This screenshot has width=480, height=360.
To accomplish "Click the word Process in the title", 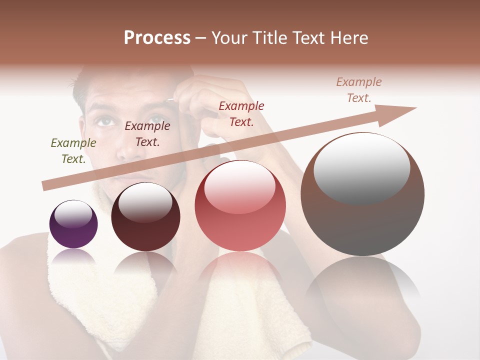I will [157, 38].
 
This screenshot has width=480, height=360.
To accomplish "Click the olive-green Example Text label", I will [73, 151].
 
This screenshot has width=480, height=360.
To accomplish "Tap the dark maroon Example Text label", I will [147, 134].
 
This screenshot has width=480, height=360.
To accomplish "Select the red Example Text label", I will [241, 113].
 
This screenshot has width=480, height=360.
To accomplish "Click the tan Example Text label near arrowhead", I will [359, 90].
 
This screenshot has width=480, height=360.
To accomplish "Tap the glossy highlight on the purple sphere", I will [73, 213].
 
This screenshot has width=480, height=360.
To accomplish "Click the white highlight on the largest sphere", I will [361, 167].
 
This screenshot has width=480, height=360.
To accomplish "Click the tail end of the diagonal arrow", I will [46, 186].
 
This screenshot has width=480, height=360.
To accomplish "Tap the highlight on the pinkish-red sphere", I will [239, 186].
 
